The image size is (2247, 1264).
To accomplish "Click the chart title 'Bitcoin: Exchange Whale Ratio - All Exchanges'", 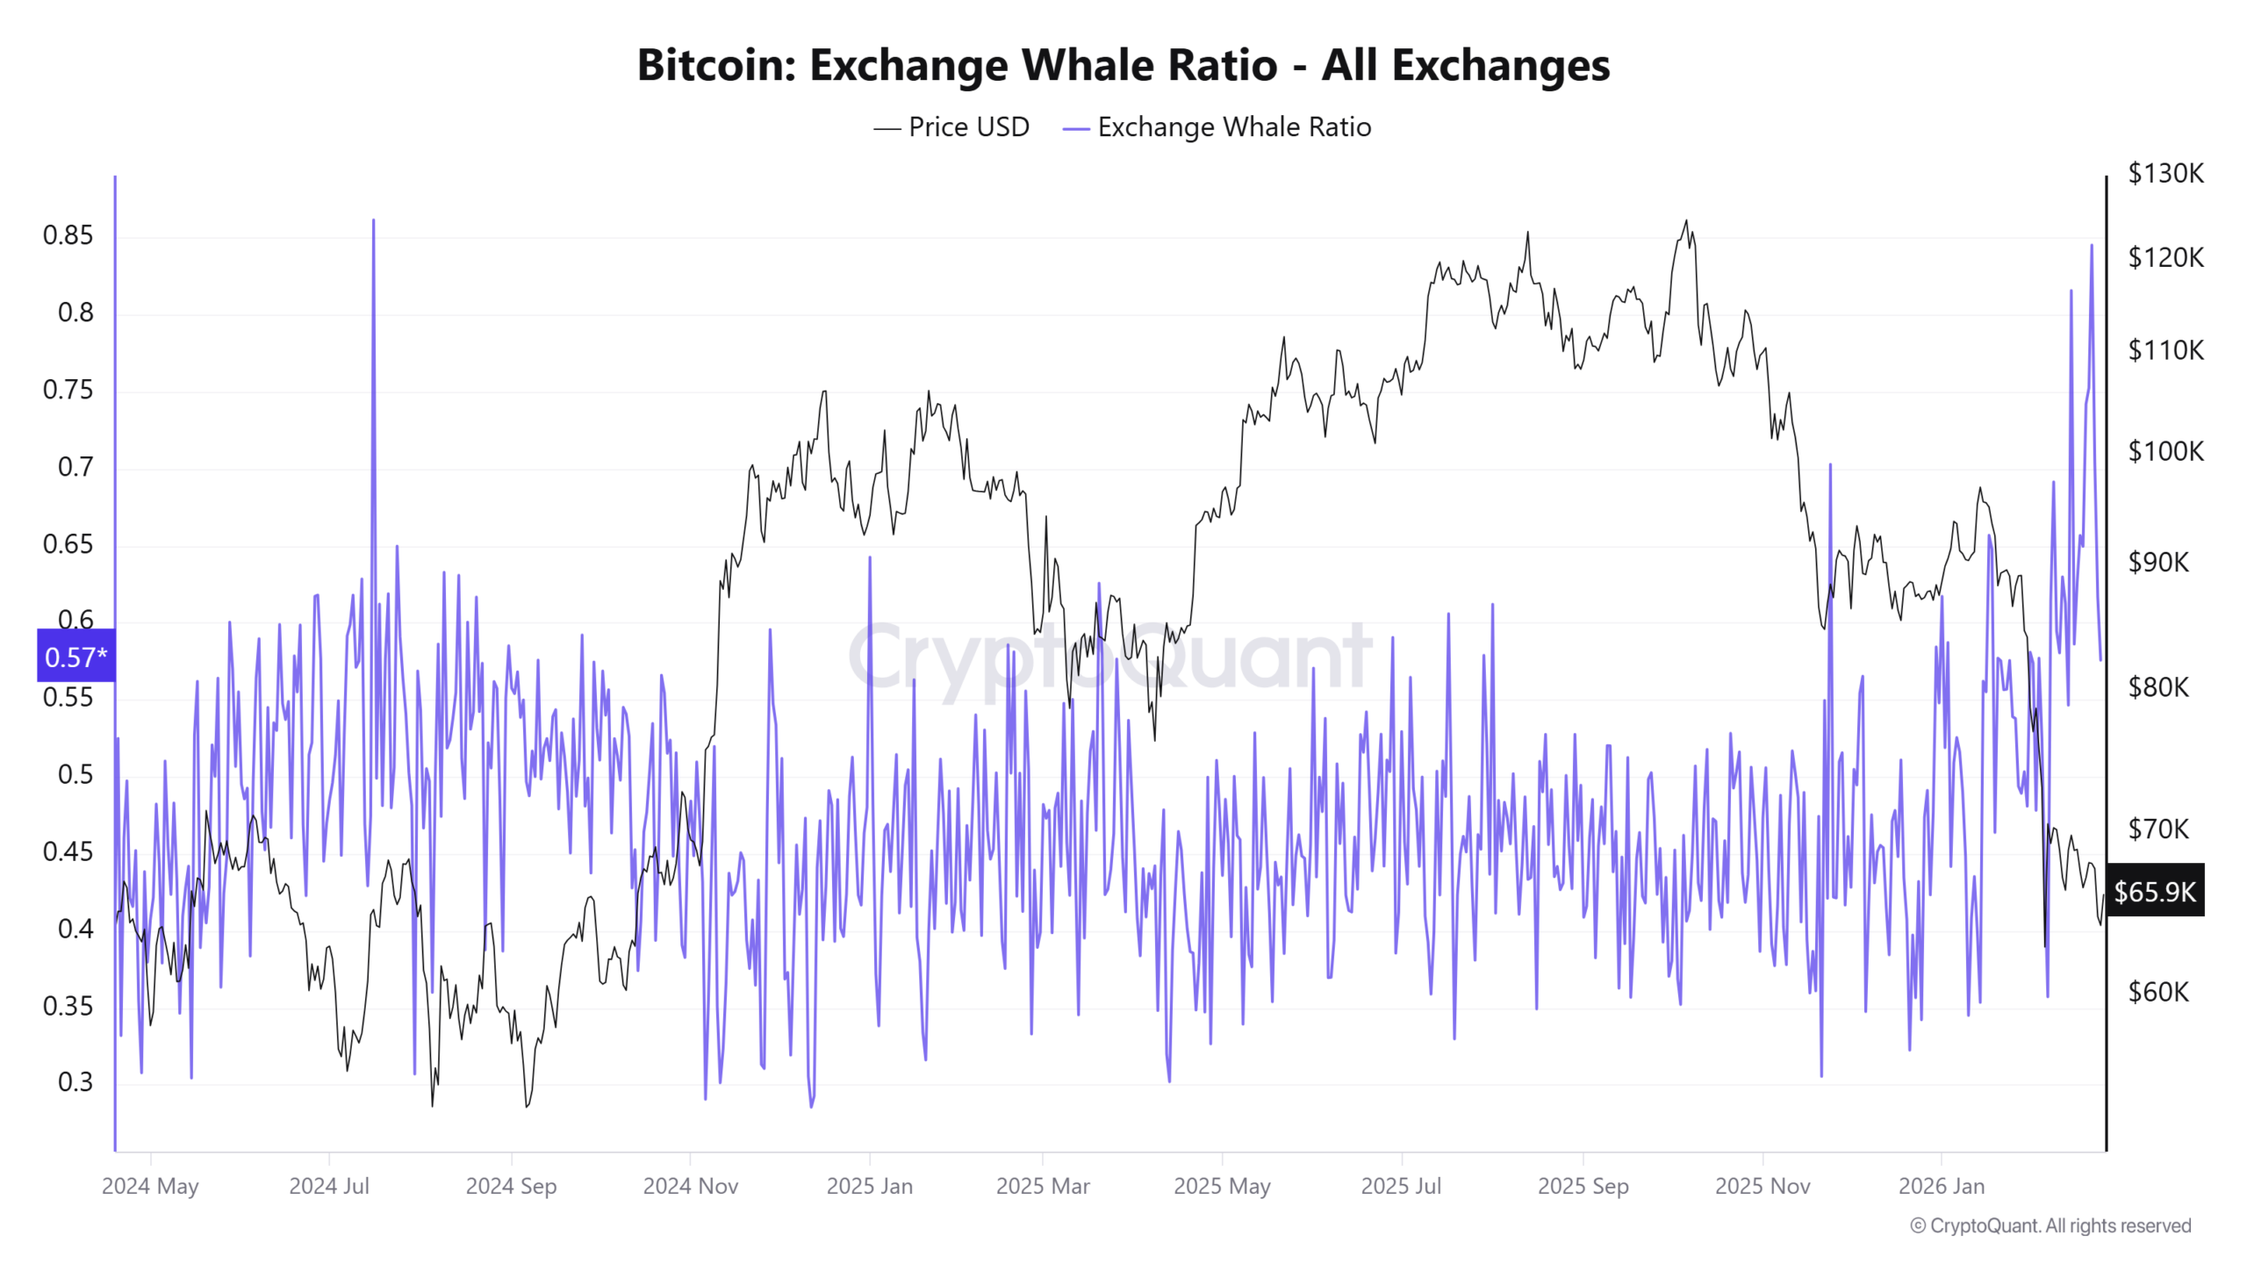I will coord(1123,65).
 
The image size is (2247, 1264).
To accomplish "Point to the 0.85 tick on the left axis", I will coord(68,235).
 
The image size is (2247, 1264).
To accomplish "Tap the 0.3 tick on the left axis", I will coord(75,1082).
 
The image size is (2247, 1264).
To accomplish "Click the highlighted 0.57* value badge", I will coord(75,657).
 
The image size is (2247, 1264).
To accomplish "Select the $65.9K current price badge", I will coord(2154,892).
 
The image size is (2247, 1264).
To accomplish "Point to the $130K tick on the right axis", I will coord(2165,173).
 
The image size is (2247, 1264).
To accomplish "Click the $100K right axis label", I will coord(2165,451).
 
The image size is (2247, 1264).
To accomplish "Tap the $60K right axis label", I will coord(2158,992).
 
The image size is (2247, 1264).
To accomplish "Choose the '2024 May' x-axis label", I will coord(150,1186).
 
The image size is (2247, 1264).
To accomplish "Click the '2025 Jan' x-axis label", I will coord(869,1186).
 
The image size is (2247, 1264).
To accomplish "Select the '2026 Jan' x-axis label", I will coord(1941,1186).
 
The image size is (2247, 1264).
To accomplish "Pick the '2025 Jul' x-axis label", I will coord(1401,1186).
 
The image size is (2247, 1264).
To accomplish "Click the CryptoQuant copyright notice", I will coord(2050,1225).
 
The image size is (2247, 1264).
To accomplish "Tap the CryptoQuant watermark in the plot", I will coord(1110,657).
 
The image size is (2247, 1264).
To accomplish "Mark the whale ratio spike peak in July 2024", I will coord(373,221).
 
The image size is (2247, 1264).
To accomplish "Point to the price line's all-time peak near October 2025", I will coord(1685,221).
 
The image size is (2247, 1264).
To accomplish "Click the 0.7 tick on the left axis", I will coord(75,467).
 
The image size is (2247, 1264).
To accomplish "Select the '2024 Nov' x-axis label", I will coord(690,1186).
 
